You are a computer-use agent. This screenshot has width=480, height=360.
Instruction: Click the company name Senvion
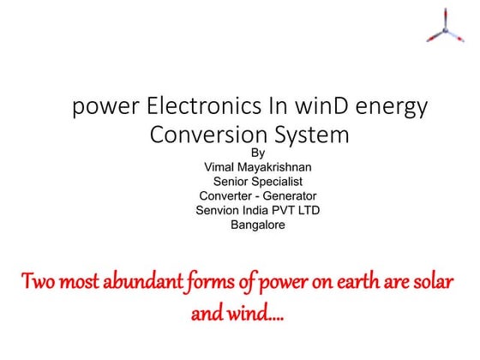pyautogui.click(x=220, y=211)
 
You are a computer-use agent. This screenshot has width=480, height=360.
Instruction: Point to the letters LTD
pyautogui.click(x=305, y=211)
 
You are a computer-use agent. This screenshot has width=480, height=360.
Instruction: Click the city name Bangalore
pyautogui.click(x=258, y=225)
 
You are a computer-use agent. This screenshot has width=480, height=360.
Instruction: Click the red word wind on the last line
pyautogui.click(x=258, y=315)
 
